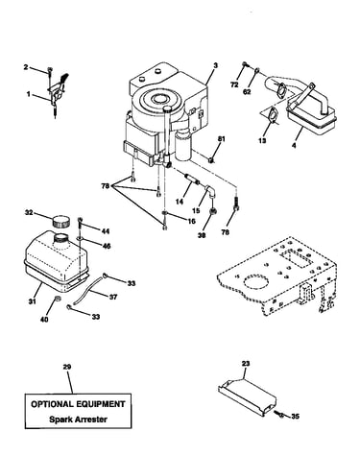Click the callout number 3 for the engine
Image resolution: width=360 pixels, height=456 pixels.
216,65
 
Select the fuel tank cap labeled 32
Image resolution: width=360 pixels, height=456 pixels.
60,221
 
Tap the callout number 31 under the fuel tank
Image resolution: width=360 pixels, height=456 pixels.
33,301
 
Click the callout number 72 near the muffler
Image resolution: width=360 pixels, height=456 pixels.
235,84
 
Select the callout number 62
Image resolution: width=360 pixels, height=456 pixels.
247,92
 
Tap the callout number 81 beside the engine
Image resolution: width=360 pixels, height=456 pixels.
222,139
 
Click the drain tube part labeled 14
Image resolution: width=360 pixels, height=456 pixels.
192,179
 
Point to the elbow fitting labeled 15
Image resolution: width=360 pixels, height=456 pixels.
209,191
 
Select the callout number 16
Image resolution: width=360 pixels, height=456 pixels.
191,221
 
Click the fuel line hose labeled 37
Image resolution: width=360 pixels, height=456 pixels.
89,289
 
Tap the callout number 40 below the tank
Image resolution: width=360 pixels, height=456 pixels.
44,320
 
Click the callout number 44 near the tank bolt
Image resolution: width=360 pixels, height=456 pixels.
106,231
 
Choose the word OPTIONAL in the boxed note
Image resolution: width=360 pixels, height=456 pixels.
50,404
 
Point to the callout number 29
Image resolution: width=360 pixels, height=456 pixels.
67,367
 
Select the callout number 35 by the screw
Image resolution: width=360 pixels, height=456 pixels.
296,417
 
